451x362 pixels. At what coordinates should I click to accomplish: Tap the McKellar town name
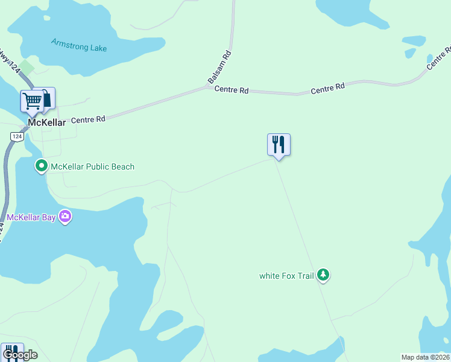click(x=46, y=122)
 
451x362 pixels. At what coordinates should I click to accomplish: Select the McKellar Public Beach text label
click(x=92, y=167)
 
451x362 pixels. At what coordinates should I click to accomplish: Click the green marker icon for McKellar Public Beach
click(x=42, y=165)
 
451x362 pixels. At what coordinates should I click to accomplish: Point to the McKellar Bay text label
click(x=31, y=217)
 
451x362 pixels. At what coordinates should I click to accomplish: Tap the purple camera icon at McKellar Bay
click(x=65, y=217)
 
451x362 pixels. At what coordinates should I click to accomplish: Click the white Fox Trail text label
click(x=286, y=276)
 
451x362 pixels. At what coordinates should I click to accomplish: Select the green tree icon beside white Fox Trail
click(x=324, y=275)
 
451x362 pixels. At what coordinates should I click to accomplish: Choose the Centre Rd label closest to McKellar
click(x=88, y=119)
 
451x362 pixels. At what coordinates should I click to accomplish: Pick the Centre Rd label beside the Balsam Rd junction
click(x=232, y=90)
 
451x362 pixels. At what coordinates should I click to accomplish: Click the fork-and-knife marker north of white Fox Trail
click(x=279, y=145)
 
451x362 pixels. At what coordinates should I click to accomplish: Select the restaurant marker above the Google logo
click(x=11, y=350)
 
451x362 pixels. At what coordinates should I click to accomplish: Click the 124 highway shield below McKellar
click(x=13, y=137)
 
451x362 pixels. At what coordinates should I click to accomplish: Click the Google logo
click(x=19, y=355)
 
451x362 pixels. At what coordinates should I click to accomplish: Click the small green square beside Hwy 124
click(x=27, y=68)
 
